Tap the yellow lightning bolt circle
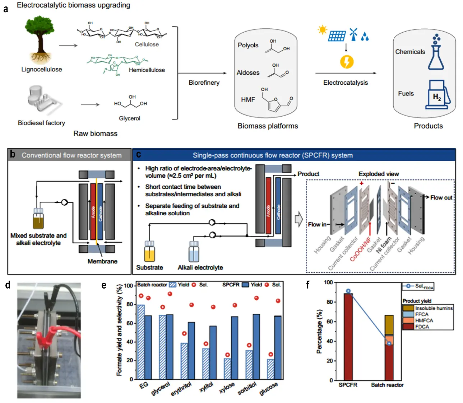click(347, 61)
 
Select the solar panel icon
click(337, 36)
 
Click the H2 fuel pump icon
click(437, 95)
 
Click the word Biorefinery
click(204, 83)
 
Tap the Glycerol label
click(129, 118)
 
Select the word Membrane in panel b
click(102, 261)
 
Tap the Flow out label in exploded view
click(441, 197)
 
